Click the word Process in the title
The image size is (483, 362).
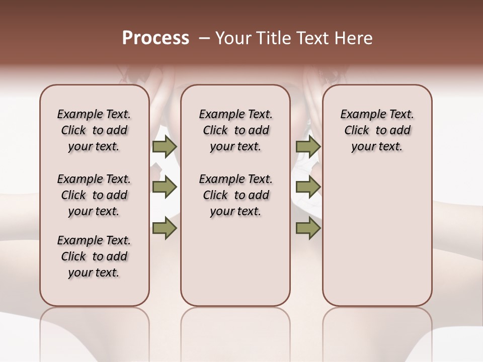(155, 38)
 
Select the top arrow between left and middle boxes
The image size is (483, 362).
(165, 147)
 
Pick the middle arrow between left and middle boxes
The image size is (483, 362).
(165, 187)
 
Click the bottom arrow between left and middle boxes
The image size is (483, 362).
(165, 228)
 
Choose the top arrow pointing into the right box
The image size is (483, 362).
(308, 147)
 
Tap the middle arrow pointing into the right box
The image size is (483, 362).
(308, 187)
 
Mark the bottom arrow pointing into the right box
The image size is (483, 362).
(308, 228)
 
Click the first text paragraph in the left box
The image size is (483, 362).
(94, 130)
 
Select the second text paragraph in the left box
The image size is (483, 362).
(94, 195)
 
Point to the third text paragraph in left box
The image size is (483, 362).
(94, 256)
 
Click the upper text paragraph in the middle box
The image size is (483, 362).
(235, 130)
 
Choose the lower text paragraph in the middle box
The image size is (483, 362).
(235, 195)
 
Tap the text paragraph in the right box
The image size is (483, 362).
(377, 130)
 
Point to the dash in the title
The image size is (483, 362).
(204, 38)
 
